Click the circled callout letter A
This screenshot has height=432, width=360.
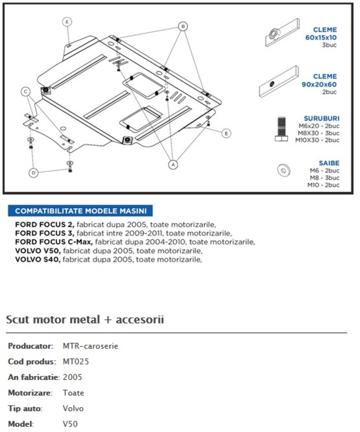point(173,164)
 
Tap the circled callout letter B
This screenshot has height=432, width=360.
point(183,26)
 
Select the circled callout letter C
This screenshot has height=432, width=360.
point(26,91)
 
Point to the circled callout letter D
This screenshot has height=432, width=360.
point(33,173)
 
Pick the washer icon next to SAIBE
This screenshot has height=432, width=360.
point(283,171)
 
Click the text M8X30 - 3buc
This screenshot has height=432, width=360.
point(319,133)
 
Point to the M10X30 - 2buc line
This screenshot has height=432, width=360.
point(317,140)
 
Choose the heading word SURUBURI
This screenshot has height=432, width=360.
point(322,118)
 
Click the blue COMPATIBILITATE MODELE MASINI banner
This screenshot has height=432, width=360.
point(80,211)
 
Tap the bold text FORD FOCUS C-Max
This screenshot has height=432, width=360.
point(54,241)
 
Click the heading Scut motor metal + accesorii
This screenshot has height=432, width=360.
point(85,320)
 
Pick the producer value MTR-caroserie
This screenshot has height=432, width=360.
point(90,346)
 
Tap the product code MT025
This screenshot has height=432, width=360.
point(76,362)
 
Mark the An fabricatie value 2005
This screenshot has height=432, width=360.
point(72,377)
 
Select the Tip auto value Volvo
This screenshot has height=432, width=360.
point(73,408)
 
